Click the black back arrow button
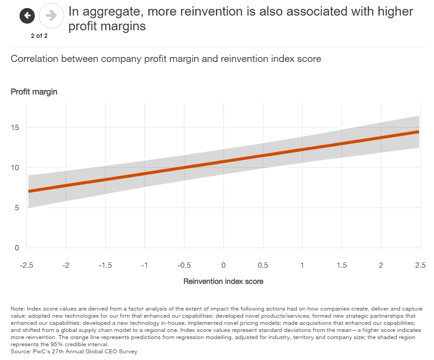pos(27,16)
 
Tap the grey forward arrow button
pos(51,16)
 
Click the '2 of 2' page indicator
pos(39,36)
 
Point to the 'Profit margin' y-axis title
pos(34,92)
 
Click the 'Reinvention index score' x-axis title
pos(223,281)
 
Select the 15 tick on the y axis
pos(16,127)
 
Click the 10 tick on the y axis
pos(16,168)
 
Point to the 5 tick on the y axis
pos(17,208)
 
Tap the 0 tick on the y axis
pos(17,248)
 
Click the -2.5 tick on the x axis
pos(27,265)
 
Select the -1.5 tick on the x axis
pos(105,265)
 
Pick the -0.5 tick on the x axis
pos(184,265)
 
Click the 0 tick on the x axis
pos(223,265)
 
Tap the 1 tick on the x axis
pos(302,265)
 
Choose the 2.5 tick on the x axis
pos(420,265)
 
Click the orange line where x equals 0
pos(223,161)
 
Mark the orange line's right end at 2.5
pos(418,132)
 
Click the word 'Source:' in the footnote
pos(21,352)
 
